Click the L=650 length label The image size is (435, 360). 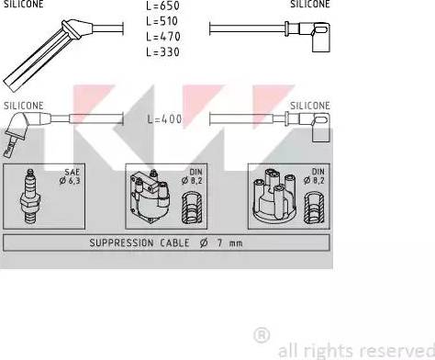(x=162, y=6)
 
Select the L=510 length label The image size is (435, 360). (x=162, y=21)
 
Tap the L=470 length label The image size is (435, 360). (x=163, y=37)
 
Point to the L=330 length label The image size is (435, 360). (x=162, y=52)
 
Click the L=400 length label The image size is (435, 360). (x=164, y=119)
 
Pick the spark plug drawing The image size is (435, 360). (x=30, y=197)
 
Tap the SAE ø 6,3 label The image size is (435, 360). (x=70, y=176)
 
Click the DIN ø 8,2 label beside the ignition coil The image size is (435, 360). (x=192, y=176)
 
